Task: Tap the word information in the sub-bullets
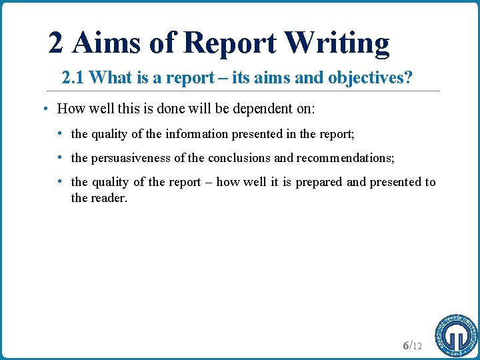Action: [197, 134]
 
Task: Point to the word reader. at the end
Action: [108, 197]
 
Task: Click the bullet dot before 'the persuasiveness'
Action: [61, 158]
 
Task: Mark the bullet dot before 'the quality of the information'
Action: [61, 134]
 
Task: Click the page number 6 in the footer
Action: [406, 345]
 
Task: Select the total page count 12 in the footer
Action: [417, 346]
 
